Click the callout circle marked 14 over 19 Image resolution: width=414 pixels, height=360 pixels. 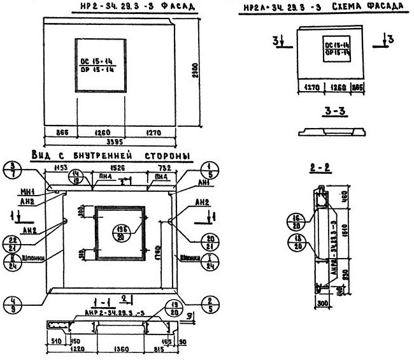pos(77,178)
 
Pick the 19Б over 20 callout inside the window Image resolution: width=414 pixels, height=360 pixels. pos(119,233)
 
